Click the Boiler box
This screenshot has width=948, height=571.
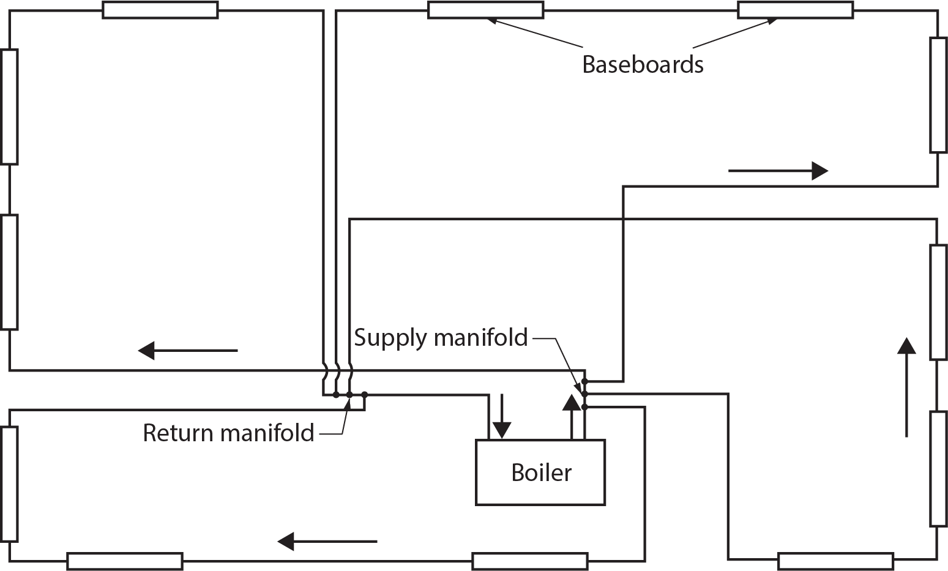point(540,472)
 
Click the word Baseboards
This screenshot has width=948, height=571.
point(643,64)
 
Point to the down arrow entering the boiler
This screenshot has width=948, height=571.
point(501,417)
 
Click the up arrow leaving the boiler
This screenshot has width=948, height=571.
point(571,417)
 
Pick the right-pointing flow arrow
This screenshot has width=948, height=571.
point(777,171)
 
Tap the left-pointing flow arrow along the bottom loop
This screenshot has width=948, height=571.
point(327,541)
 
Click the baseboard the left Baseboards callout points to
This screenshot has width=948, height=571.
point(485,10)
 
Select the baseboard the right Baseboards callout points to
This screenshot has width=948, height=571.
point(795,10)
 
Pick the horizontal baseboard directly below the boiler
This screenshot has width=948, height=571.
point(529,561)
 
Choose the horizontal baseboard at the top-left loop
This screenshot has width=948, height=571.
point(160,10)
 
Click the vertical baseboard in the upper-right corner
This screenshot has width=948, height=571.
point(938,94)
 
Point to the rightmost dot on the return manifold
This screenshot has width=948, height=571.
point(364,394)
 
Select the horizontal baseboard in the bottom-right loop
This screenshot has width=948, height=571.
point(835,561)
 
